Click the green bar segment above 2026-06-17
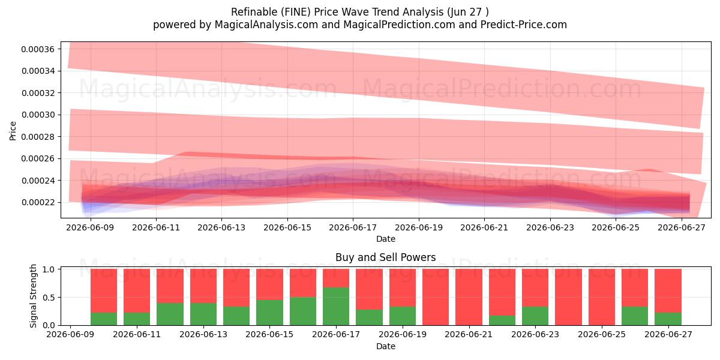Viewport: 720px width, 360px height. click(x=336, y=306)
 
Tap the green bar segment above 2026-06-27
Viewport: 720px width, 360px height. click(x=668, y=319)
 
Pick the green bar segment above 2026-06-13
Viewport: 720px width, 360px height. click(x=203, y=314)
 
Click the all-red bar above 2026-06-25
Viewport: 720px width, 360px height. click(x=601, y=297)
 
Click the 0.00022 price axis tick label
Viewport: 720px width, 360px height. click(x=38, y=203)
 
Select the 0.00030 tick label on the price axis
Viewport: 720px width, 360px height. click(x=38, y=115)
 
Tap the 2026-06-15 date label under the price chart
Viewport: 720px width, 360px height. click(x=287, y=227)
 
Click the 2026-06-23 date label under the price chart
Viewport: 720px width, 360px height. click(x=550, y=227)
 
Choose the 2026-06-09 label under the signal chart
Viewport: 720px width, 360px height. click(x=70, y=335)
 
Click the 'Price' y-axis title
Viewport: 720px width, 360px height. click(x=13, y=131)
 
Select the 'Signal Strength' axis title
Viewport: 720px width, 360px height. click(x=33, y=296)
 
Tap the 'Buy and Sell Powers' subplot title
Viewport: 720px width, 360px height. click(x=386, y=257)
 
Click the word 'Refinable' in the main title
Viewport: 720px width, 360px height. click(x=254, y=12)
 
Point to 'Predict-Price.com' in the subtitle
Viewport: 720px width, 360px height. click(x=524, y=25)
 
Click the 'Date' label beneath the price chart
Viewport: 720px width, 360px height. click(x=386, y=239)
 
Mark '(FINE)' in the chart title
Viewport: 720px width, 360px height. click(x=296, y=12)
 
